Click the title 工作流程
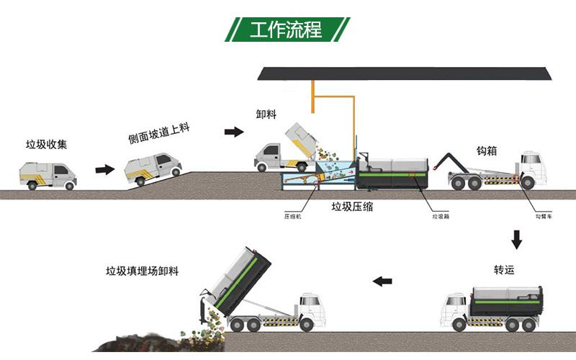pos(287,30)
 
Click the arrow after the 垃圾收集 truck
pos(104,169)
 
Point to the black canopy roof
pos(407,73)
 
